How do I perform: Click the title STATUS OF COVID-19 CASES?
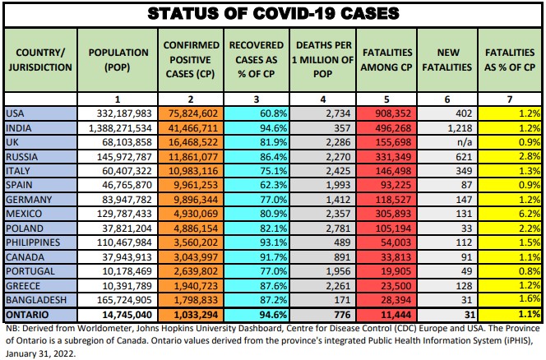[x=273, y=14]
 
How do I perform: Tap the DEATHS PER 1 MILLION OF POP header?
[x=322, y=58]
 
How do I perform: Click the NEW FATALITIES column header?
[x=447, y=58]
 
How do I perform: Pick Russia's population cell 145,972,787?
[x=120, y=157]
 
